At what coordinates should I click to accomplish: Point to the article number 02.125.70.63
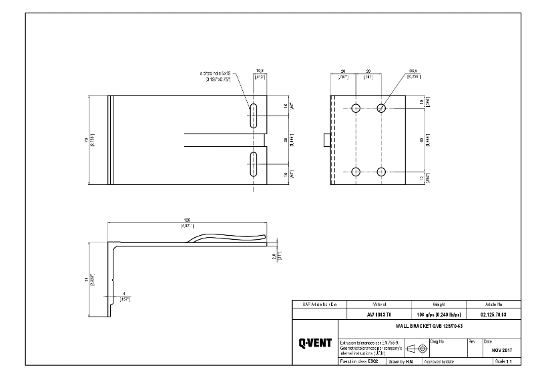coord(493,313)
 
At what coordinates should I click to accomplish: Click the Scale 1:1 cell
coord(501,361)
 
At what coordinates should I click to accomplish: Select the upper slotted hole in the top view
coord(254,115)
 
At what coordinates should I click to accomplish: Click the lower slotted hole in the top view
coord(254,164)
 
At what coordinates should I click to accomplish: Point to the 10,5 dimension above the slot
coord(260,69)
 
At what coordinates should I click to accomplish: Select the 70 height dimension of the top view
coord(85,140)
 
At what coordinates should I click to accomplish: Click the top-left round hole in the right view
coord(356,108)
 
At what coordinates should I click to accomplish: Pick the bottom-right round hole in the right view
coord(381,172)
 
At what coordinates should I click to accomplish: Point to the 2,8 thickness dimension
coord(274,256)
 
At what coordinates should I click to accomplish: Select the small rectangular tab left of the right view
coord(326,140)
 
